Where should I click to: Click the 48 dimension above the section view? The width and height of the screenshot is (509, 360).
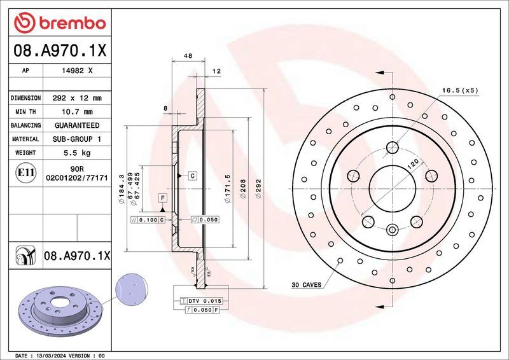pos(188,57)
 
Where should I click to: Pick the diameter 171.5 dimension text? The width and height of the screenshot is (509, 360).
pos(227,189)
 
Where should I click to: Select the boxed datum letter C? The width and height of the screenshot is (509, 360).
pos(191,175)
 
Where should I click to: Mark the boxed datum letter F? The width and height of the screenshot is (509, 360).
pos(163,198)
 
